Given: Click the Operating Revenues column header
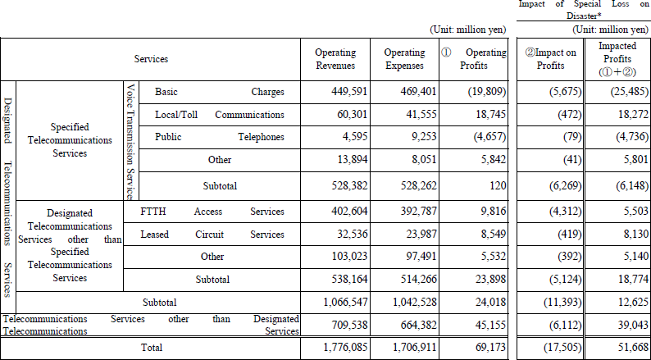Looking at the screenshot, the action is pos(335,59).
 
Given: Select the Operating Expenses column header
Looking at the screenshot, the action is pos(404,59).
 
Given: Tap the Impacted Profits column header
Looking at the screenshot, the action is pos(617,59).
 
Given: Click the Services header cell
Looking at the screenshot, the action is pos(151,59).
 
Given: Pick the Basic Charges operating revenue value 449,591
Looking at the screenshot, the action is pos(349,92).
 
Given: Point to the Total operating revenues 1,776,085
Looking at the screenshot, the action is pos(345,348).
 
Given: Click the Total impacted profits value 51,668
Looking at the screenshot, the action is pos(634,348).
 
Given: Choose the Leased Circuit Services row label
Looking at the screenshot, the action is pos(212,235).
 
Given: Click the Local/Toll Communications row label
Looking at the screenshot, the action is pos(220,115).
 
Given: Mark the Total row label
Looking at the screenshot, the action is pos(152,348).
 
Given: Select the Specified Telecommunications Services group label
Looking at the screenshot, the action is pos(70,140).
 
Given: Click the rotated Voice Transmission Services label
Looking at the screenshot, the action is pos(131,141).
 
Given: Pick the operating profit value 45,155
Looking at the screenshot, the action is pos(490,325).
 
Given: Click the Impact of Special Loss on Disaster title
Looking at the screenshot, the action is pos(584,10).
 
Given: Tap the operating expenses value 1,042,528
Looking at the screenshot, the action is pos(415,303).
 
